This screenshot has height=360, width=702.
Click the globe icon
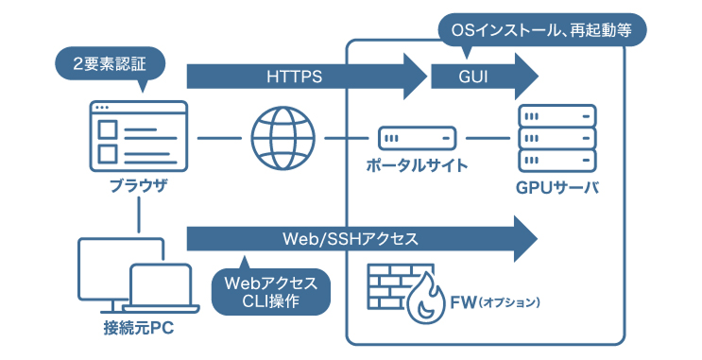point(283,137)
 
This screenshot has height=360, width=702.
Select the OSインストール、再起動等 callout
point(542,30)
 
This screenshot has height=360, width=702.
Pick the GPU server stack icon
point(557,137)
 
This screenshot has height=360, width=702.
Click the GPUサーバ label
point(557,185)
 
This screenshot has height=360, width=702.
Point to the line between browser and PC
point(139,216)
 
